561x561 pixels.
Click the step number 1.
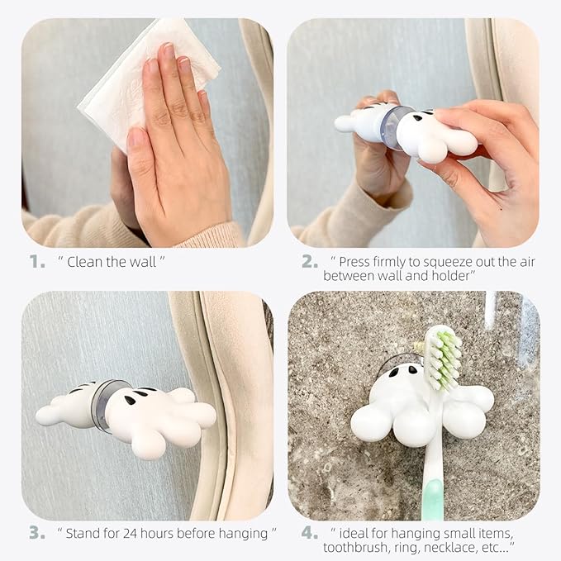[x=37, y=262]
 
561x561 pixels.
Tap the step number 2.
[x=309, y=262]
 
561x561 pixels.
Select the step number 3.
[x=37, y=532]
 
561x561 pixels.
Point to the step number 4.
[x=309, y=532]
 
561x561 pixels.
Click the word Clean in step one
[x=86, y=262]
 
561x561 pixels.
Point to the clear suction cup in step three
[x=107, y=405]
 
